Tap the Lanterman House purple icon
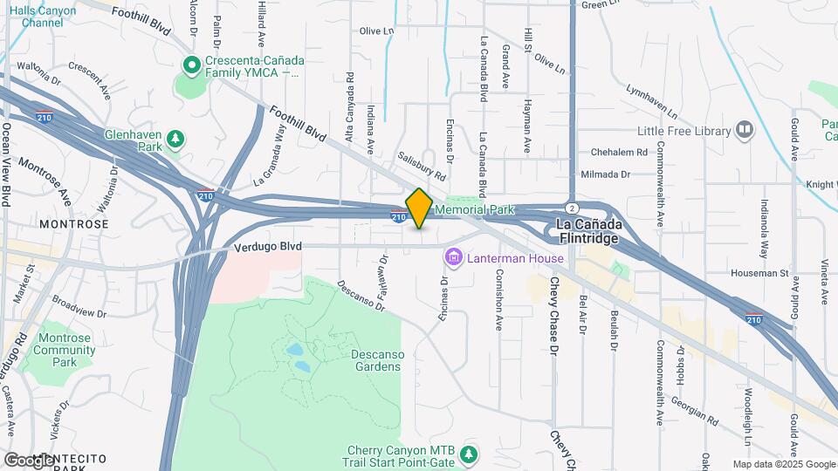(x=453, y=257)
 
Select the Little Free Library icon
(x=745, y=131)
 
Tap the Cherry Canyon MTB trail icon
(x=470, y=454)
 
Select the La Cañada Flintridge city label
(x=587, y=231)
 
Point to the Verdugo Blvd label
(x=267, y=247)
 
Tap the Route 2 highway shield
(x=570, y=208)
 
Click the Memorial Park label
(x=474, y=210)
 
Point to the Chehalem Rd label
(x=617, y=151)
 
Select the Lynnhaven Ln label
(x=651, y=101)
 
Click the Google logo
(x=29, y=460)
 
